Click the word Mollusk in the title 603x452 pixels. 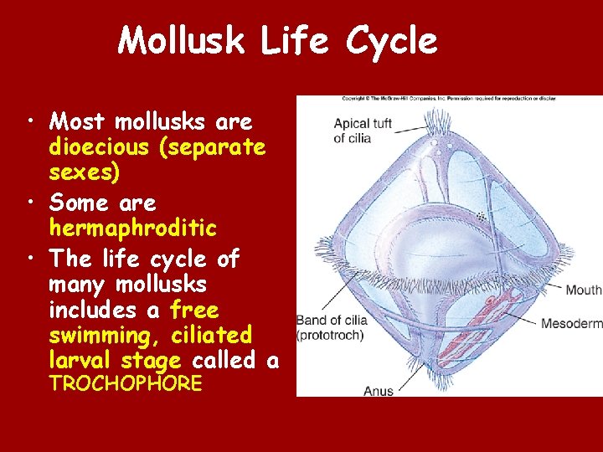click(183, 40)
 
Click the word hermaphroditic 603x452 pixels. click(132, 228)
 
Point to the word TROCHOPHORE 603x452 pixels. click(126, 384)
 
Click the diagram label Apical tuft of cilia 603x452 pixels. click(363, 131)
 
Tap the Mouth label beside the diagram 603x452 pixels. click(583, 290)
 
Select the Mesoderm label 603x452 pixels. click(571, 323)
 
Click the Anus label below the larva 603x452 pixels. click(379, 390)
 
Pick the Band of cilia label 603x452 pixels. click(330, 321)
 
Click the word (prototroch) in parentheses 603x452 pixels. click(330, 336)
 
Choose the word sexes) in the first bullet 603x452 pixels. click(84, 172)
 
